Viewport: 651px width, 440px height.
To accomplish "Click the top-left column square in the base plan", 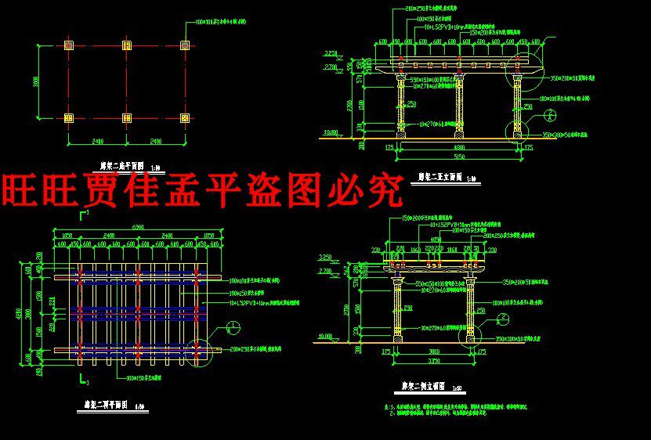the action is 68,45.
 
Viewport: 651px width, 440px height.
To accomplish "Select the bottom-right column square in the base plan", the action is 185,118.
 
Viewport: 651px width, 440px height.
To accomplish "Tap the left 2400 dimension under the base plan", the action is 97,142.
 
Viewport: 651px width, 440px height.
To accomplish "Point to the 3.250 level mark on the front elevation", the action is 331,54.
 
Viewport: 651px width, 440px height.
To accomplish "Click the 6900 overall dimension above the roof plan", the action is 138,227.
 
